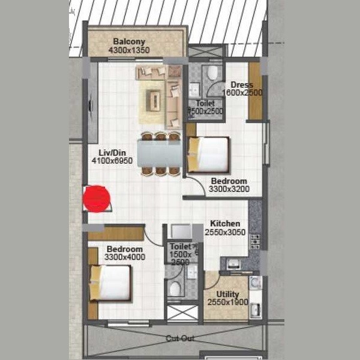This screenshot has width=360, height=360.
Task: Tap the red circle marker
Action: [96, 199]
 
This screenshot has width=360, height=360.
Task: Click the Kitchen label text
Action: [225, 223]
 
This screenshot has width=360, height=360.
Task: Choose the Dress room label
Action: [242, 85]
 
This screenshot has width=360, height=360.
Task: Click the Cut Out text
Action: [180, 338]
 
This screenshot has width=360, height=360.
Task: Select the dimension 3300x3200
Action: [229, 190]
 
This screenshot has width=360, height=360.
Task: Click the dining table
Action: [159, 154]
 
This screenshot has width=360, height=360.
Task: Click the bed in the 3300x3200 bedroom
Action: [209, 154]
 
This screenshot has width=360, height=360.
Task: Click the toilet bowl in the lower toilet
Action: [175, 289]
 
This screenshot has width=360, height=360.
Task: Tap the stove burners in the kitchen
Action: [254, 241]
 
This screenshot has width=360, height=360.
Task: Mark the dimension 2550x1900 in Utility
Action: [224, 302]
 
